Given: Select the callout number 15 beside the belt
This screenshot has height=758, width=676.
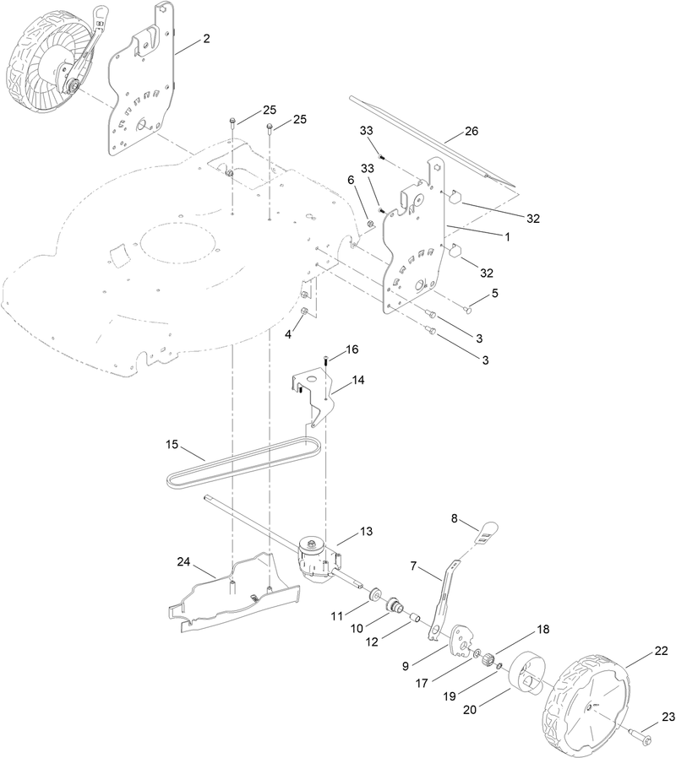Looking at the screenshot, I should click(x=172, y=444).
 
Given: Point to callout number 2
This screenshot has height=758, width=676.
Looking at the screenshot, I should click(x=205, y=40).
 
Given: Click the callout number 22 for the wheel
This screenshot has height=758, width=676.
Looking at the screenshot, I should click(x=661, y=651).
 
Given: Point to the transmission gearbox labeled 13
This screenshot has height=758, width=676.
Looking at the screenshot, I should click(x=317, y=557).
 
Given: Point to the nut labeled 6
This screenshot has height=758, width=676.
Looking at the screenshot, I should click(x=369, y=223).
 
